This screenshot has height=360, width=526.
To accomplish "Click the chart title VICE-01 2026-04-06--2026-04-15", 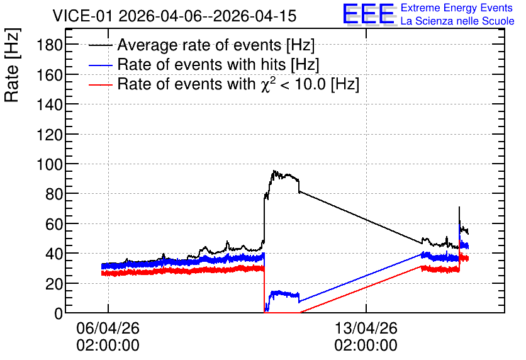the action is pyautogui.click(x=174, y=16).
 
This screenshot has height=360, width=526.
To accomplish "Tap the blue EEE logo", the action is pyautogui.click(x=369, y=13).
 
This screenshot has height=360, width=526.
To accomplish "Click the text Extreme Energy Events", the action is pyautogui.click(x=457, y=8).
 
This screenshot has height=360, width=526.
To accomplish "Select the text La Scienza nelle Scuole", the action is pyautogui.click(x=457, y=21).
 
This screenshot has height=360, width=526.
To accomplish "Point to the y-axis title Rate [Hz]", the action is pyautogui.click(x=12, y=65).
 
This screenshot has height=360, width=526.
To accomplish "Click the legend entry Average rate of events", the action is pyautogui.click(x=216, y=45).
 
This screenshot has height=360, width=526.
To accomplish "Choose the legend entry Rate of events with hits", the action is pyautogui.click(x=218, y=64).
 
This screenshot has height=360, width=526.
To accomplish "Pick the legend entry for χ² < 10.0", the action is pyautogui.click(x=238, y=84).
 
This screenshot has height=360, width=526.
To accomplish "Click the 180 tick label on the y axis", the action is pyautogui.click(x=50, y=45).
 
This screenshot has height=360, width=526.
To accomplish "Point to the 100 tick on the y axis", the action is pyautogui.click(x=50, y=164).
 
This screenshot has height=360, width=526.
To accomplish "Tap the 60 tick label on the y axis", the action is pyautogui.click(x=54, y=224).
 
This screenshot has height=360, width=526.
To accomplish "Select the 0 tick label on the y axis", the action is pyautogui.click(x=59, y=313).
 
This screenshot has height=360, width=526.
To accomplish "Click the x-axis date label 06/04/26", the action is pyautogui.click(x=108, y=328).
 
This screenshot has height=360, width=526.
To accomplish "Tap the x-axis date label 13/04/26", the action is pyautogui.click(x=366, y=328).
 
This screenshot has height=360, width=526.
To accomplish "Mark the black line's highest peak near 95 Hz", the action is pyautogui.click(x=274, y=171).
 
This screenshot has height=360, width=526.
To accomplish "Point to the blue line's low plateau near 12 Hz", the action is pyautogui.click(x=284, y=295).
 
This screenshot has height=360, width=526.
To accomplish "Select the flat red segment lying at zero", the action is pyautogui.click(x=282, y=312).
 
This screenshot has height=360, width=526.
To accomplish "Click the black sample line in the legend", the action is pyautogui.click(x=100, y=45).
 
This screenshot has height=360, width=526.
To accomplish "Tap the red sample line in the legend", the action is pyautogui.click(x=100, y=84).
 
